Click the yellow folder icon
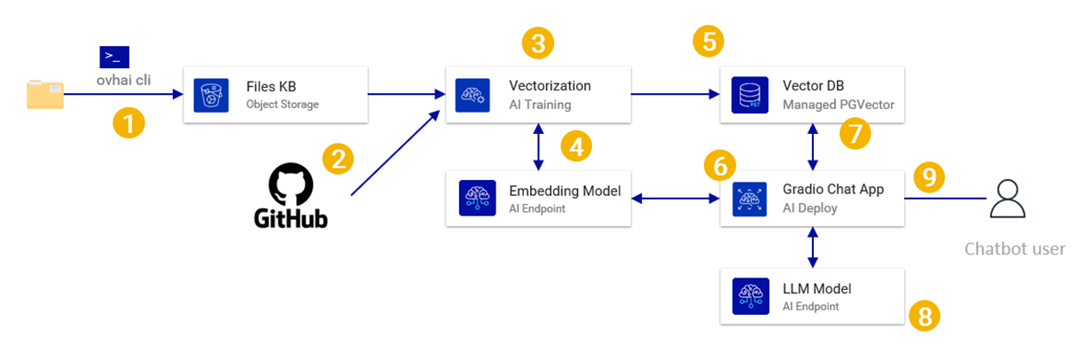point(44,94)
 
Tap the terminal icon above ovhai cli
point(114,58)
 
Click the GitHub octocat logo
point(291,185)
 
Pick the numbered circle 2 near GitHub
point(338,159)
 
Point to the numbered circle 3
point(538,43)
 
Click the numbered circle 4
point(576,145)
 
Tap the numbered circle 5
point(708,40)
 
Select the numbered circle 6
point(719,164)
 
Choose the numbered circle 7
point(855,133)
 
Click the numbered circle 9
point(929,178)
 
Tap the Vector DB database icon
point(750,94)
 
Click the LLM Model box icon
point(750,297)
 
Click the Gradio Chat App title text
point(833,191)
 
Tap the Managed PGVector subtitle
point(838,105)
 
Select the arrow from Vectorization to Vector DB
point(674,94)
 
